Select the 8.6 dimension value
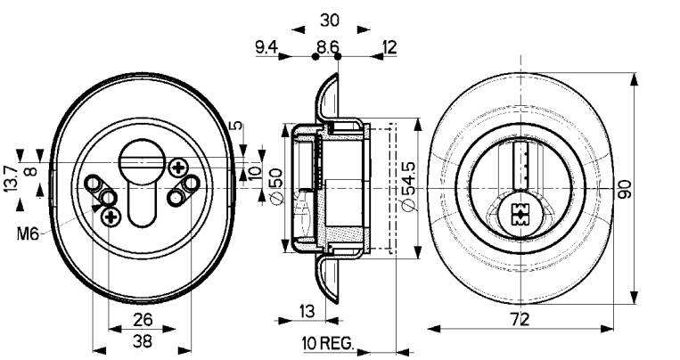[328, 46]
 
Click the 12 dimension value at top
[389, 46]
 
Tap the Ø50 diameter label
[274, 186]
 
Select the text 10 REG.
[328, 342]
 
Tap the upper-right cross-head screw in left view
[179, 168]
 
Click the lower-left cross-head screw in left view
[111, 216]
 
